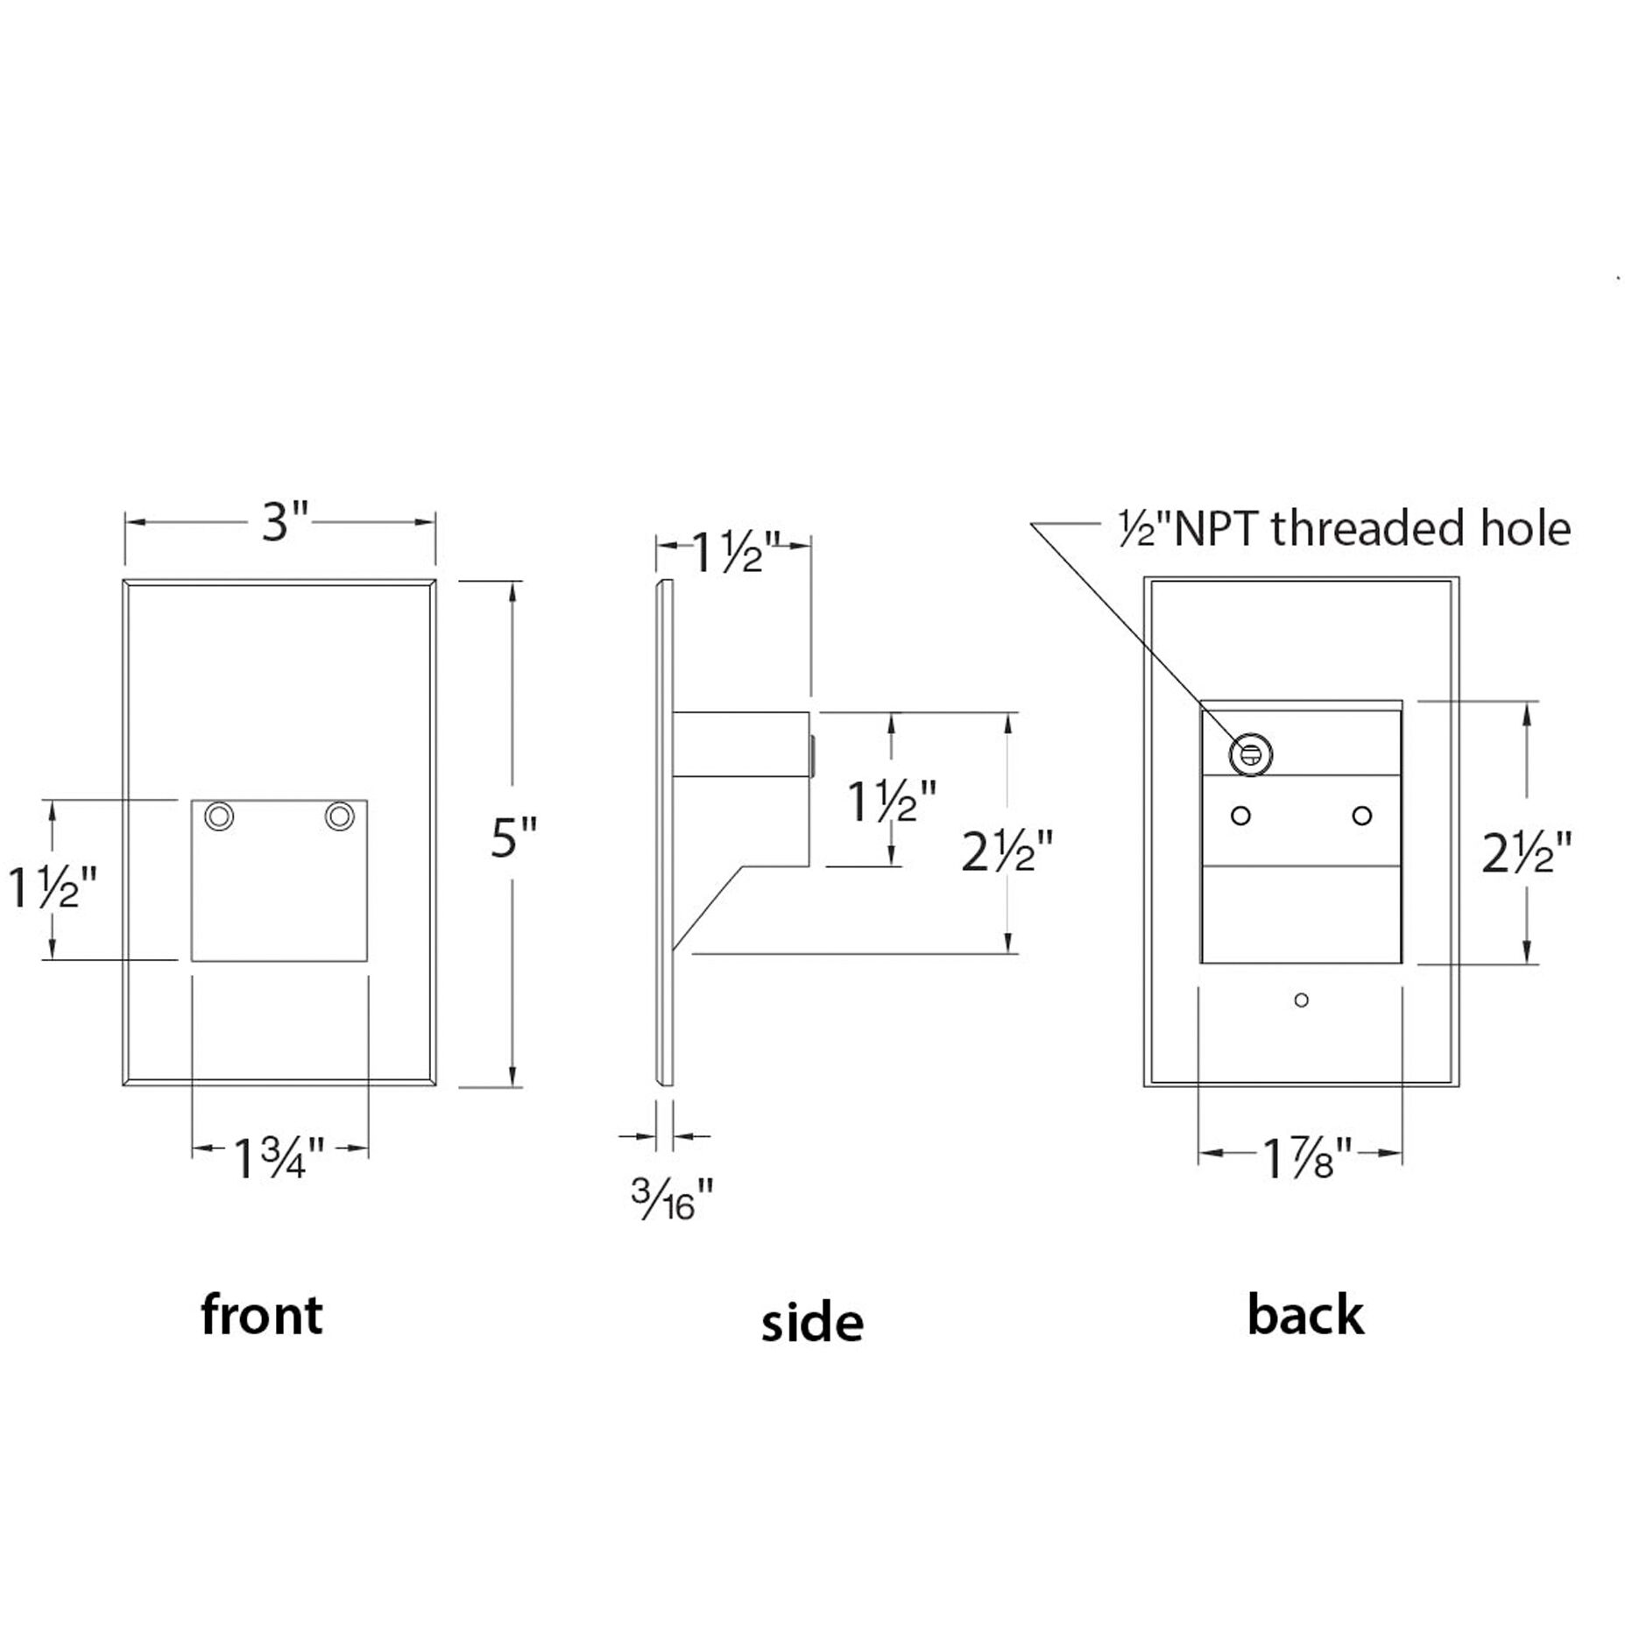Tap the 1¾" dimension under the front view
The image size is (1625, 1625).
[x=279, y=1158]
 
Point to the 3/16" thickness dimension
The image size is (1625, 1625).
[x=672, y=1199]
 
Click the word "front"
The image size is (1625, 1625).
[x=262, y=1316]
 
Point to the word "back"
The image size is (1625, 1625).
[x=1305, y=1316]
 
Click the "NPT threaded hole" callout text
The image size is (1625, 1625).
[x=1345, y=529]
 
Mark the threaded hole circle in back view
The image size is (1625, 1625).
[x=1250, y=754]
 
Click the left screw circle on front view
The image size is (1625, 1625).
[x=219, y=816]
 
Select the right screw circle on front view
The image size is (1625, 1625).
[x=339, y=816]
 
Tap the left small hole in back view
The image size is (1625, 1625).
[x=1240, y=816]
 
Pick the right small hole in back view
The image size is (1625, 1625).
[x=1361, y=816]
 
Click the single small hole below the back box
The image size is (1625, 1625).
[x=1301, y=1000]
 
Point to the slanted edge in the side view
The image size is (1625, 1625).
[x=708, y=908]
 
